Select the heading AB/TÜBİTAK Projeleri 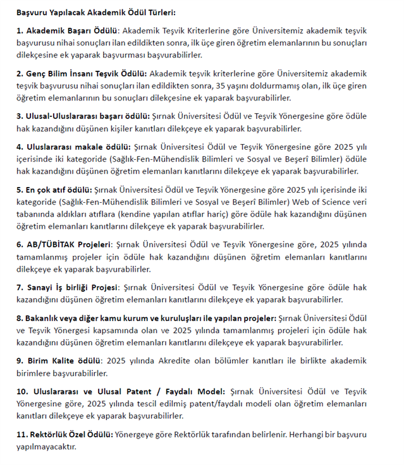tap(66, 245)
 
